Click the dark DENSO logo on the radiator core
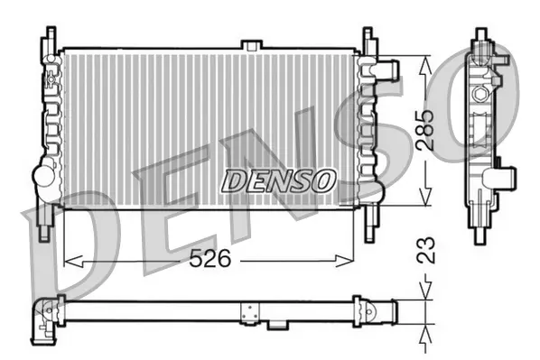(278, 180)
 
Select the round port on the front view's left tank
(42, 176)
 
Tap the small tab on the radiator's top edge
(252, 45)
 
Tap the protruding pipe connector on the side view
(507, 177)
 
